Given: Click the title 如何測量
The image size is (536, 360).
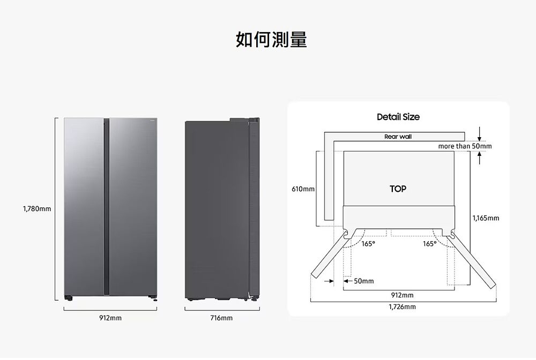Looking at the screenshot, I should coord(271,40).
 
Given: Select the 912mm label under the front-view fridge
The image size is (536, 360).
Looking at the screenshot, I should coord(110,318).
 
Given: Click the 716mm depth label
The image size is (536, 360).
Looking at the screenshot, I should coord(221,318).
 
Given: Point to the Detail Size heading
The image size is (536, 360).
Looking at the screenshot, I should coord(398,117).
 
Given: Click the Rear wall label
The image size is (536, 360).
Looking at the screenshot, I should coord(398,137).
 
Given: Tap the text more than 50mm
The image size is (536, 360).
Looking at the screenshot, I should coord(465,146).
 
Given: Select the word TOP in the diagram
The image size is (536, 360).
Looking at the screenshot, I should coord(398,189).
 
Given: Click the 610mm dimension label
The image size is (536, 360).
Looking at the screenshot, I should coord(303,189).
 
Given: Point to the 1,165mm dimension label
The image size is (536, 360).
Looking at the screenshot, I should coord(486,218).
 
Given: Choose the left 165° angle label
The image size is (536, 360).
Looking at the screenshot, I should coord(368,244).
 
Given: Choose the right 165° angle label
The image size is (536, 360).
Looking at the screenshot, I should coord(429,244).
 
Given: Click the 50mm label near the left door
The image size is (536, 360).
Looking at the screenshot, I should coord(363,281).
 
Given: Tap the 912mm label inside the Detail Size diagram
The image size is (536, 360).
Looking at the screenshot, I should coord(402,295).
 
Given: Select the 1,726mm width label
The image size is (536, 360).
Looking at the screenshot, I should coord(402,307).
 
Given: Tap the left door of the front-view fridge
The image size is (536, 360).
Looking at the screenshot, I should coord(83,206).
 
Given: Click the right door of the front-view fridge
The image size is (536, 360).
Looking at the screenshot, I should coord(133,206).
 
